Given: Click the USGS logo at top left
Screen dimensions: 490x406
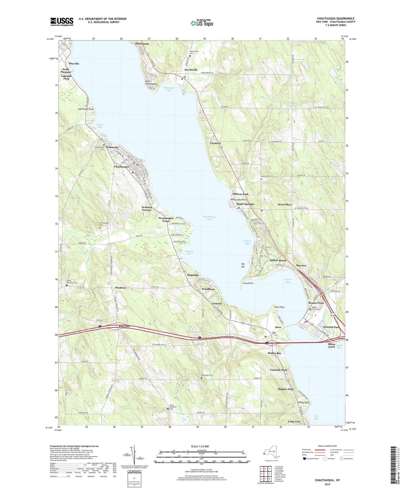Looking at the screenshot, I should click(x=62, y=22).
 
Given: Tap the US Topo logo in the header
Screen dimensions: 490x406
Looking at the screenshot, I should click(x=201, y=23).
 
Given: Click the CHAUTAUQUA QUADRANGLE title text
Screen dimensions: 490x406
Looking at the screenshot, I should click(x=335, y=19).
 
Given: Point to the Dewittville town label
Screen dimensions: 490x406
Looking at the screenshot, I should click(x=191, y=70).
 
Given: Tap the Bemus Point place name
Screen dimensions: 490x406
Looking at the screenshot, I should click(x=316, y=303).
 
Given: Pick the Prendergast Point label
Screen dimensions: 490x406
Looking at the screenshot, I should click(x=166, y=219).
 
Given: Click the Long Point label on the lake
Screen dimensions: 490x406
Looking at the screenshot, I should click(x=248, y=283).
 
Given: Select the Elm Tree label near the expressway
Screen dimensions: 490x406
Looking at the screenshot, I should click(x=124, y=326).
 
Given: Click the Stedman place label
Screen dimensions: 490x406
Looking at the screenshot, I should click(x=121, y=288).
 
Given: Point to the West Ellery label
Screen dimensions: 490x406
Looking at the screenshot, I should click(x=285, y=205).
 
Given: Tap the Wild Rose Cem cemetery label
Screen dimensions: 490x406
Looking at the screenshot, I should click(x=207, y=375).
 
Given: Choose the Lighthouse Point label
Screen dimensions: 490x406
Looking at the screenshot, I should click(x=86, y=109).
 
